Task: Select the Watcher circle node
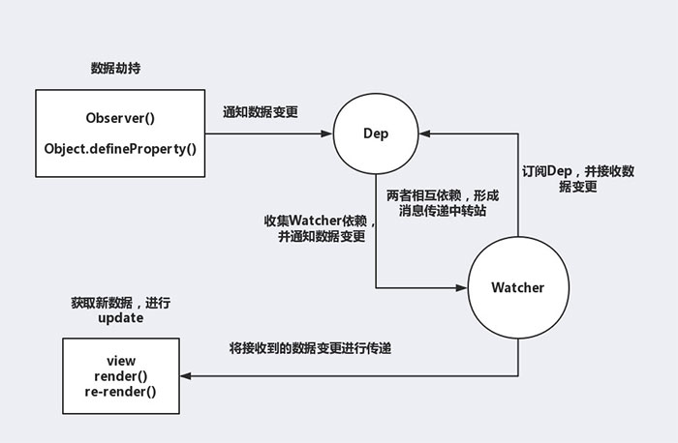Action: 517,287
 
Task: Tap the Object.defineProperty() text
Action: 120,148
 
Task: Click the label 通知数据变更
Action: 260,112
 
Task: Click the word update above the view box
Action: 120,318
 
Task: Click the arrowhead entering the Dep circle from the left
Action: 325,133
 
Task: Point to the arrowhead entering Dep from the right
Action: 425,133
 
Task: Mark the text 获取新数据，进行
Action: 120,303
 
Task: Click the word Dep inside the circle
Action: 375,134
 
